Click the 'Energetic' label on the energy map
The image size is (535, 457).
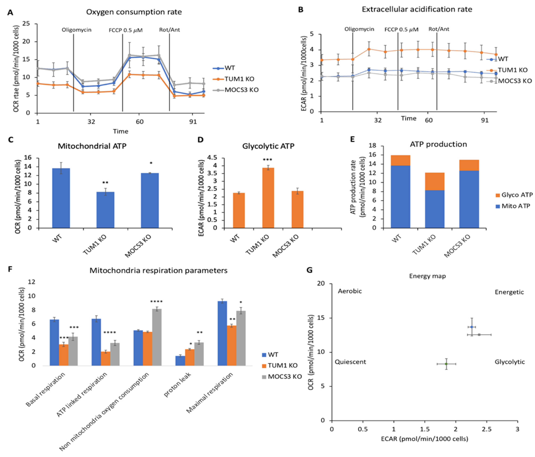click(509, 292)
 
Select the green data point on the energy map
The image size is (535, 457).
click(446, 364)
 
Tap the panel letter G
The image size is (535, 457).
click(309, 270)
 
